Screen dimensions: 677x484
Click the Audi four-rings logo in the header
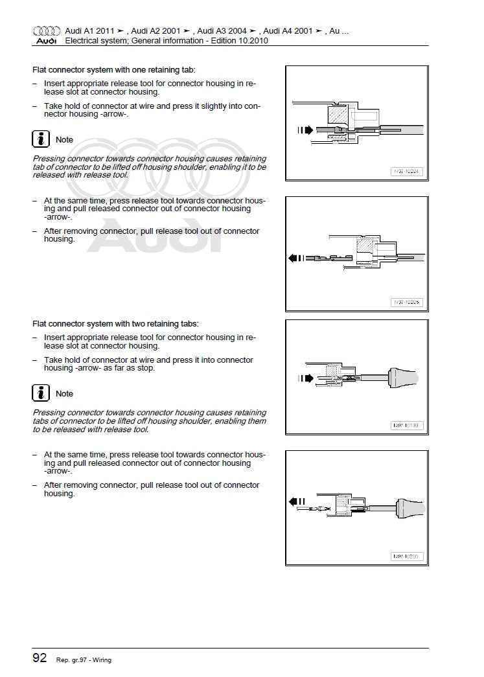click(46, 30)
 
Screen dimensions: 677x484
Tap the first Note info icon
click(41, 139)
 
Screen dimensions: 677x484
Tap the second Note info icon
click(41, 393)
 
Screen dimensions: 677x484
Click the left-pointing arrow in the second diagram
click(296, 258)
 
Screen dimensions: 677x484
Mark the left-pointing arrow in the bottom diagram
click(297, 501)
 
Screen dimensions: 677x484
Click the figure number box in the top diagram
click(407, 172)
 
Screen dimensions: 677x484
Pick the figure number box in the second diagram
click(407, 302)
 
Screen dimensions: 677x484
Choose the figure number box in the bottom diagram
click(407, 556)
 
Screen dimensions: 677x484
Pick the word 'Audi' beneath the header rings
click(46, 41)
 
